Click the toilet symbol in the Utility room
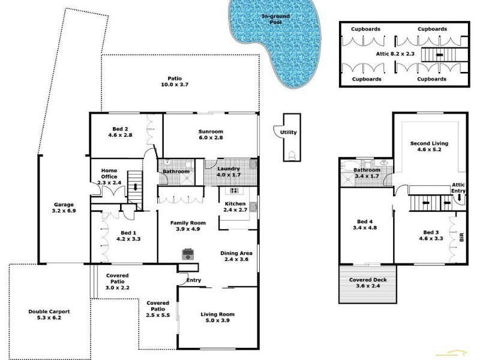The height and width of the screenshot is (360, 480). pyautogui.click(x=292, y=154)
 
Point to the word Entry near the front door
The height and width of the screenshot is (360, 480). pyautogui.click(x=194, y=280)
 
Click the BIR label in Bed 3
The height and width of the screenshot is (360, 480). pyautogui.click(x=461, y=238)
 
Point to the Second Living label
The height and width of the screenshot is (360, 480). pyautogui.click(x=429, y=148)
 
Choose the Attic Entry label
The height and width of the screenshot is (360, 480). pyautogui.click(x=458, y=188)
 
